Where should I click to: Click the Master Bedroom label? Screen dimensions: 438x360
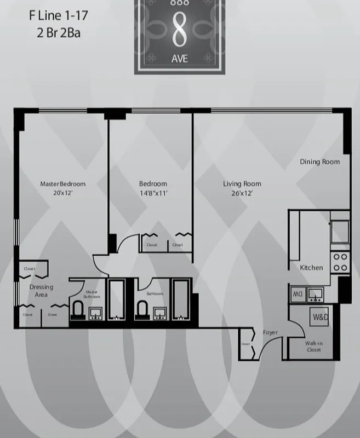point(63,184)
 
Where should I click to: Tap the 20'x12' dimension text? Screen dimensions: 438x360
point(63,193)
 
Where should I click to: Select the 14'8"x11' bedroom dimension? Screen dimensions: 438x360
point(153,193)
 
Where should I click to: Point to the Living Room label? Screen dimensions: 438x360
point(242,184)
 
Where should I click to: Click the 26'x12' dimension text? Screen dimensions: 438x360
point(242,193)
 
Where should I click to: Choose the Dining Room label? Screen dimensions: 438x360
point(319,162)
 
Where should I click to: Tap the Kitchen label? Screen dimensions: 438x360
point(311,268)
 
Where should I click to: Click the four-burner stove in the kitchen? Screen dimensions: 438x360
point(340,262)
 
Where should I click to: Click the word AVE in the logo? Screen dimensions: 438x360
point(179,59)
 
